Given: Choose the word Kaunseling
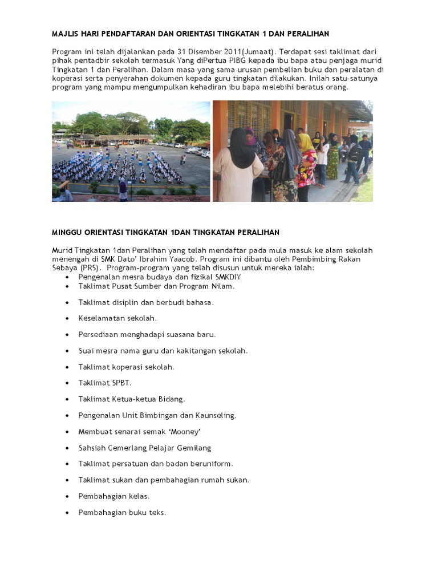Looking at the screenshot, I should pyautogui.click(x=216, y=415).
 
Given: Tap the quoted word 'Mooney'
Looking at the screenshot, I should pyautogui.click(x=185, y=432).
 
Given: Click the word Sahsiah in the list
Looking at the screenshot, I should pyautogui.click(x=92, y=448).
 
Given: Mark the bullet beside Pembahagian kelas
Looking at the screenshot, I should pyautogui.click(x=67, y=496).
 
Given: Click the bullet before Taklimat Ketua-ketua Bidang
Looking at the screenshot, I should pyautogui.click(x=67, y=399).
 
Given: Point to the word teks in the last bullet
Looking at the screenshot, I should pyautogui.click(x=156, y=512).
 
